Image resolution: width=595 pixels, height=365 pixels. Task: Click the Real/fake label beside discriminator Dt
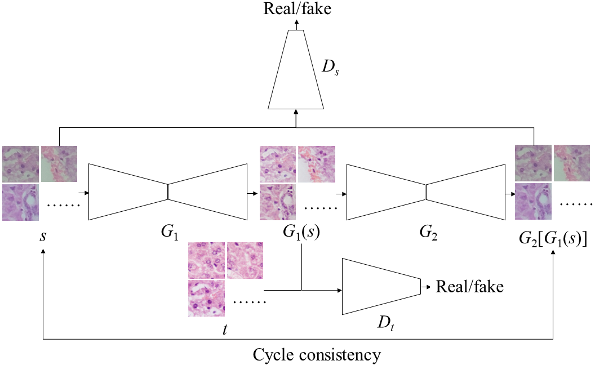pos(469,287)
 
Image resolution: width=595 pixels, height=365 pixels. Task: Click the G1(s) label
pos(302,234)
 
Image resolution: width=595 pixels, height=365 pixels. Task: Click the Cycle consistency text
pos(317,355)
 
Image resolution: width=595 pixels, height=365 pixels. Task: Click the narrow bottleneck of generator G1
pos(168,192)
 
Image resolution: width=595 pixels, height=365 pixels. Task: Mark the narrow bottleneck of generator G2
pos(425,192)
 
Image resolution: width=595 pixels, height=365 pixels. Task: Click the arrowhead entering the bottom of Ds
pos(296,113)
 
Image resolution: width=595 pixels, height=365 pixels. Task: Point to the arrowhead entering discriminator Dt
pos(339,291)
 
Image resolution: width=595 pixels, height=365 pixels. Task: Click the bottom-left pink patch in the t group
pos(206,298)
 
